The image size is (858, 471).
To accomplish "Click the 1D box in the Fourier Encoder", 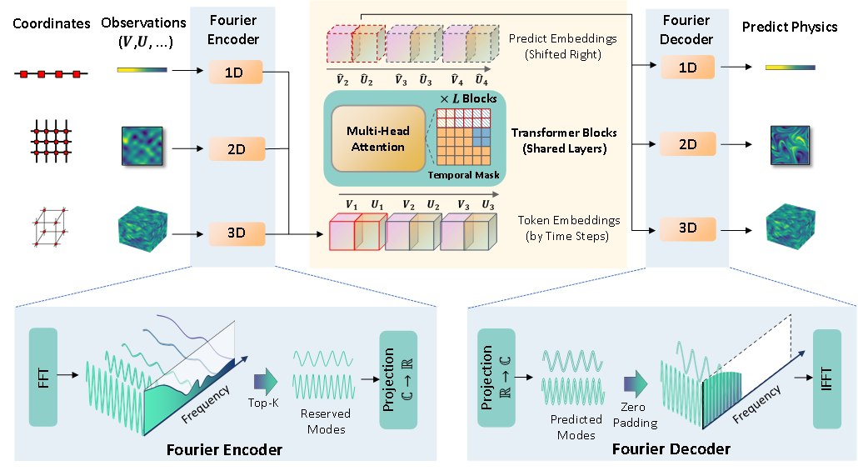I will pos(235,72).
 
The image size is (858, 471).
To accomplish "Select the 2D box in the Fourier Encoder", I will pos(235,149).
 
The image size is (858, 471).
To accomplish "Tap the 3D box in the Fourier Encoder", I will pos(235,233).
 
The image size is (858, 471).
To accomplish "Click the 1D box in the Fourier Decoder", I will pos(688,68).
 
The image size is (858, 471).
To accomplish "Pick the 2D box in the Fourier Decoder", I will pos(688,144).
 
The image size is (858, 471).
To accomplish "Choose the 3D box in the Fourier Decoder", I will pos(688,227).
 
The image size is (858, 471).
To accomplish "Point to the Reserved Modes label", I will pos(325,419).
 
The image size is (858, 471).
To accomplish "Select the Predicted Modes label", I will pos(576,427).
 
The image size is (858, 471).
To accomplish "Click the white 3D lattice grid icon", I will pos(51,227).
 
